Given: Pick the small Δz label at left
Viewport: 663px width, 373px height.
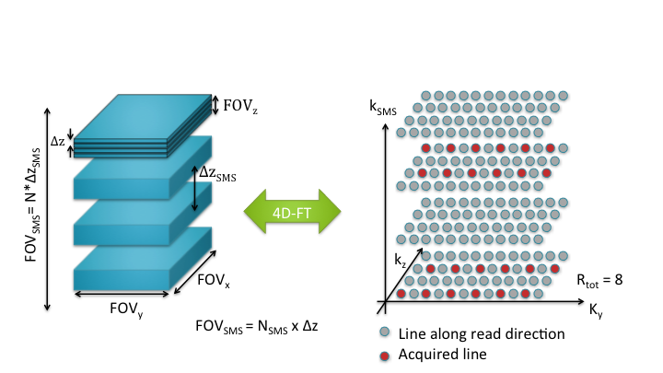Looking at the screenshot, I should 57,141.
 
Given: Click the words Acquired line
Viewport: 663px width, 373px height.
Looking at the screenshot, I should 436,355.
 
